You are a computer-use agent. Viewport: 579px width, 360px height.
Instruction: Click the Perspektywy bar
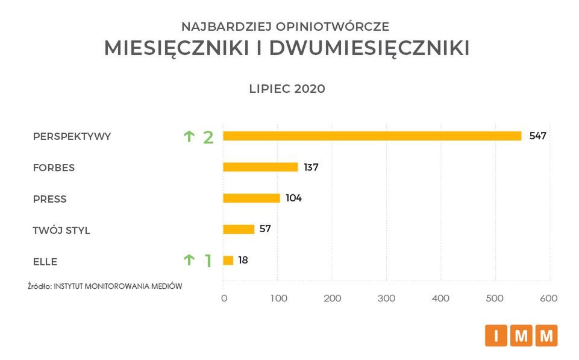pyautogui.click(x=372, y=136)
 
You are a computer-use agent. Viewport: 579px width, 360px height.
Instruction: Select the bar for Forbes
pyautogui.click(x=260, y=167)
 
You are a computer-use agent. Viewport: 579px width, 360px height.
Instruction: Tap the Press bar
pyautogui.click(x=251, y=198)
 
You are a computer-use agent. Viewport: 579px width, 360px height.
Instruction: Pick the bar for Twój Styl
pyautogui.click(x=239, y=229)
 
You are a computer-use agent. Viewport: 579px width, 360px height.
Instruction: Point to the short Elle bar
pyautogui.click(x=228, y=261)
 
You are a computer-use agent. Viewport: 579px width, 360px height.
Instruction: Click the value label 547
pyautogui.click(x=537, y=136)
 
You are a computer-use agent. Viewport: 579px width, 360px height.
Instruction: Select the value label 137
pyautogui.click(x=311, y=167)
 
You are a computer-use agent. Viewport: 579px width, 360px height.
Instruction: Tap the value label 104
pyautogui.click(x=293, y=198)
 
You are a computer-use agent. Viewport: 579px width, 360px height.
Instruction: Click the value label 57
pyautogui.click(x=265, y=229)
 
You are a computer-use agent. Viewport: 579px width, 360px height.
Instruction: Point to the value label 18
pyautogui.click(x=242, y=261)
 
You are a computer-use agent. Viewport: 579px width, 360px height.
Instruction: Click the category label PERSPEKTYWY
pyautogui.click(x=72, y=136)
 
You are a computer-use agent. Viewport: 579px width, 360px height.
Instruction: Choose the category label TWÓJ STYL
pyautogui.click(x=61, y=230)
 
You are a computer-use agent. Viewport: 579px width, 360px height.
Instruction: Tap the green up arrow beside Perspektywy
pyautogui.click(x=189, y=136)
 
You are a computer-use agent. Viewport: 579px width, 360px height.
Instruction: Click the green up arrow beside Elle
pyautogui.click(x=189, y=260)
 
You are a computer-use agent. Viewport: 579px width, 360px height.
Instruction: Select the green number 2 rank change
pyautogui.click(x=208, y=137)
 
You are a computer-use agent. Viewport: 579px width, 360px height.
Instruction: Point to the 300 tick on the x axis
pyautogui.click(x=386, y=298)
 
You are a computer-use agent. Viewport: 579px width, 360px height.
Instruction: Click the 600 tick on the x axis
pyautogui.click(x=549, y=298)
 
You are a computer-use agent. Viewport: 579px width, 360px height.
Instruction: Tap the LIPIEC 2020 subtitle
pyautogui.click(x=287, y=89)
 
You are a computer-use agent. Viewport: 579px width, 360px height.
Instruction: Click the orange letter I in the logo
pyautogui.click(x=496, y=336)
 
